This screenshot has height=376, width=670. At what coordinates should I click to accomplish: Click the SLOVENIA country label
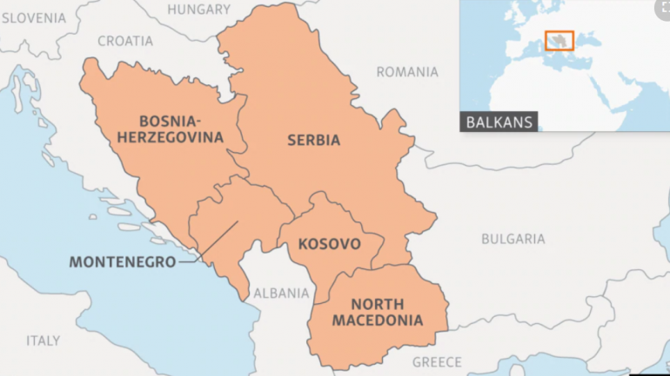coord(33,17)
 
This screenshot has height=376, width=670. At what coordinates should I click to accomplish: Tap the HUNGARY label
coord(198,10)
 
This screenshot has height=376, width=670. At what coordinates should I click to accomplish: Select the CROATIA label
coord(125,41)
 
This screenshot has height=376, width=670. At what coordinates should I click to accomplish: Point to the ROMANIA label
coord(407,72)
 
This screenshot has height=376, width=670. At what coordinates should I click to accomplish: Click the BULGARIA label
coord(513,238)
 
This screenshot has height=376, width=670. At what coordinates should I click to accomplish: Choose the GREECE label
coord(437,361)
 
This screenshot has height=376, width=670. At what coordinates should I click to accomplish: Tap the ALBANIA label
coord(281,294)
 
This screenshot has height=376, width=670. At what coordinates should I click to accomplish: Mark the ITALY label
coord(43,340)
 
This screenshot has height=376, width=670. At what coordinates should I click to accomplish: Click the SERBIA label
coord(313,139)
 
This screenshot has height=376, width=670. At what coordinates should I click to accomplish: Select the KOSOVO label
coord(329,244)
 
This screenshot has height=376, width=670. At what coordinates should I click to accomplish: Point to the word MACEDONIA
coord(387,320)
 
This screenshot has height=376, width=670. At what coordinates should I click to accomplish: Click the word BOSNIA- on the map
coord(168,121)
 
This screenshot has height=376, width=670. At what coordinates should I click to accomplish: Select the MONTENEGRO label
coord(122,261)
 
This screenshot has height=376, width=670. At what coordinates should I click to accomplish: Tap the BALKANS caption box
coord(499,122)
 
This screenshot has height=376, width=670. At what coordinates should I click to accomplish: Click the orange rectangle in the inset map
coord(559,41)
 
